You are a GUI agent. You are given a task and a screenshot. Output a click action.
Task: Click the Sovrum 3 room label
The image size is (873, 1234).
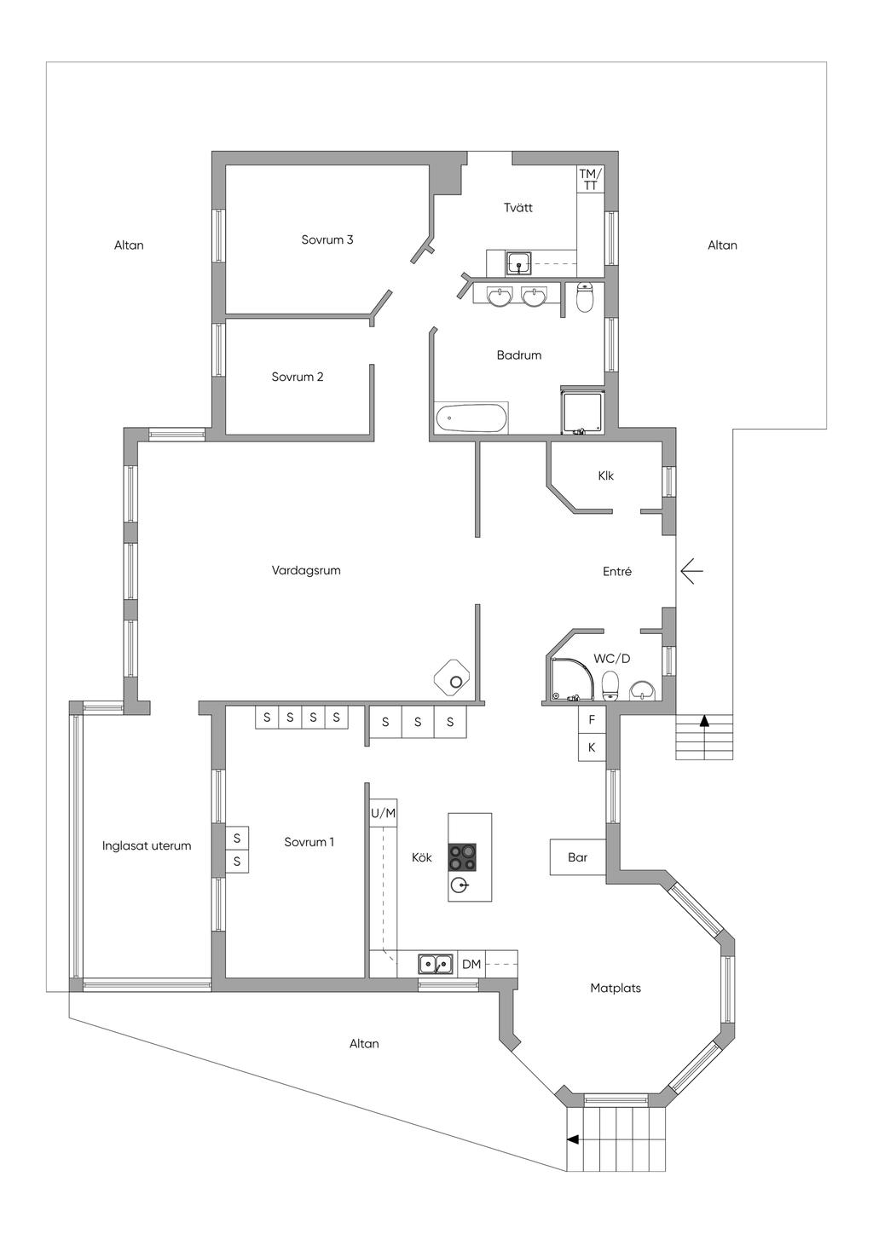coord(327,239)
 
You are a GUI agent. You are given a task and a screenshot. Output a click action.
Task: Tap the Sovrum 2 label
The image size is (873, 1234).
coord(298,377)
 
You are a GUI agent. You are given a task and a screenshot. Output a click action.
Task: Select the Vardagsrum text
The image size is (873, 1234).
coord(306,570)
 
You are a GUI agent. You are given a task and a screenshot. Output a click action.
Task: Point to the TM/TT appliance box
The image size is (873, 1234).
coord(590,179)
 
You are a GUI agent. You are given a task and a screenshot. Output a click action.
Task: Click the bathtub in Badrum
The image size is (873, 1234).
coord(471,418)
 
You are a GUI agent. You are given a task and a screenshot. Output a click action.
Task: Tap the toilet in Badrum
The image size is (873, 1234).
coord(585,297)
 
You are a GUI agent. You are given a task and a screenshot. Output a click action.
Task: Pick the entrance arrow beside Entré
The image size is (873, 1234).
coord(691,570)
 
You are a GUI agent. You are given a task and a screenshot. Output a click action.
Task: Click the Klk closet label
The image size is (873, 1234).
coord(606,476)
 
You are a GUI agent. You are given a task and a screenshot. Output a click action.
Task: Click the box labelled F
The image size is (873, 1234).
coord(592,719)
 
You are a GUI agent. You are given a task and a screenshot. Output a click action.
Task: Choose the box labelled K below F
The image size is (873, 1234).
coord(592,747)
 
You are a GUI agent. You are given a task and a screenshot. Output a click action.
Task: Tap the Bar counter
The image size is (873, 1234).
coord(578,857)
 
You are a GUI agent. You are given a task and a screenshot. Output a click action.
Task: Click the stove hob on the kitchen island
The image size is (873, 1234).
coord(463,855)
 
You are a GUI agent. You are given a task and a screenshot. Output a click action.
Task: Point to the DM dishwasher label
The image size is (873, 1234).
coord(471,965)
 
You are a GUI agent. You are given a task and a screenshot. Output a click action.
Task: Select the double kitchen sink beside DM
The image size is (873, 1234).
coord(436,964)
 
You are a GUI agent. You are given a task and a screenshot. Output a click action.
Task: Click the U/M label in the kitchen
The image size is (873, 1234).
coord(384,813)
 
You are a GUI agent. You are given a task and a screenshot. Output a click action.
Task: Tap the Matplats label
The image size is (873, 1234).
coord(616,989)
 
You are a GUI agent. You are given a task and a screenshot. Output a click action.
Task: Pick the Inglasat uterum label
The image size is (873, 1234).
coord(147,846)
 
